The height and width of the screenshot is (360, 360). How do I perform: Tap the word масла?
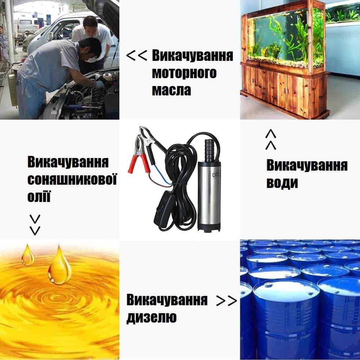coord(171,90)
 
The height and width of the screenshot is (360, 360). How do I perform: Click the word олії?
coord(39,196)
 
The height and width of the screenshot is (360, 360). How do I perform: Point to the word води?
coord(282,183)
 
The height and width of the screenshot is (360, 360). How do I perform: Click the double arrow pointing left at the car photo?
coord(136,56)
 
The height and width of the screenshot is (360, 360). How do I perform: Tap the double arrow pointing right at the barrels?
coord(226,301)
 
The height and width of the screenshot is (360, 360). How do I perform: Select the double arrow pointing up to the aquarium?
coord(271,139)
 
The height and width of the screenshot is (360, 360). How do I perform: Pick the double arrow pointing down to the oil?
coord(35,225)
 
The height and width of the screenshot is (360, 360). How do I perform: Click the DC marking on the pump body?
coord(216,175)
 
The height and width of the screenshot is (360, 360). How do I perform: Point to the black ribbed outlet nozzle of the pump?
coord(210,149)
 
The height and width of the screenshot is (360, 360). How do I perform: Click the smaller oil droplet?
coord(28,255)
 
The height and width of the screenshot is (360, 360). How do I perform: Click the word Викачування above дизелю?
coord(167,300)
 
